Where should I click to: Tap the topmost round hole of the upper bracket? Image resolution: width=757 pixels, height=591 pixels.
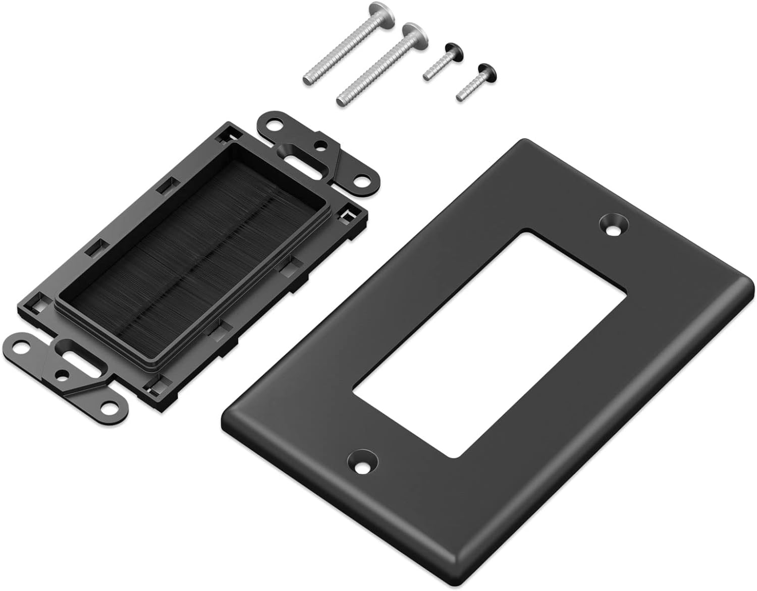[276, 124]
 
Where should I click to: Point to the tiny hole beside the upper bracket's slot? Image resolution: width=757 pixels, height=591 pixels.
[319, 145]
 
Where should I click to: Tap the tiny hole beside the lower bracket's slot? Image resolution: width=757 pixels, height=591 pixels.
[63, 375]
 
